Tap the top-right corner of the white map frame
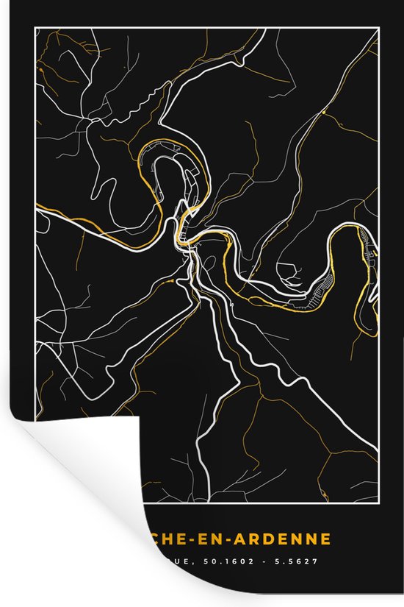(x=378, y=27)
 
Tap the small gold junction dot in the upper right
(x=322, y=113)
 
